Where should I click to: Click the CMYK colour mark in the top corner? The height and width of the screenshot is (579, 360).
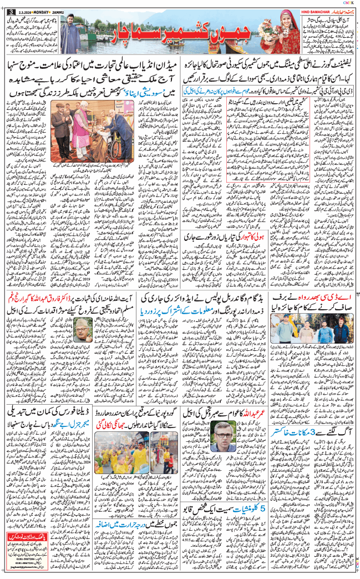click(x=349, y=3)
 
